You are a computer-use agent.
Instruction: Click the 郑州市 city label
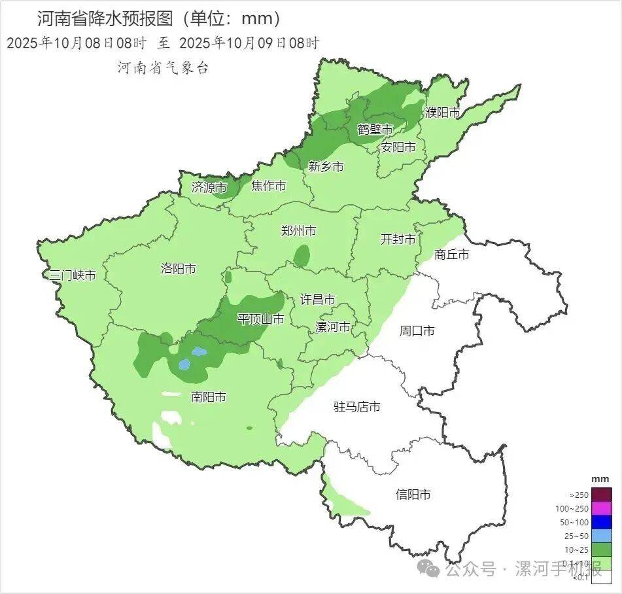(298, 231)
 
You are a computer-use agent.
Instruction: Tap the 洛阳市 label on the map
(178, 269)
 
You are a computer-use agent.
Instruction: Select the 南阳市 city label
(209, 397)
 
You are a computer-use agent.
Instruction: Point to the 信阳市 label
(413, 495)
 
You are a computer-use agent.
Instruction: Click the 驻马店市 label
(356, 407)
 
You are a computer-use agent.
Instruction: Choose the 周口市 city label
(417, 331)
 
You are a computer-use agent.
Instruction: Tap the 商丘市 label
(451, 254)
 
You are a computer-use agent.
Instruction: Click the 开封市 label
(398, 239)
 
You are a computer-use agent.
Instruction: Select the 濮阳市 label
(443, 113)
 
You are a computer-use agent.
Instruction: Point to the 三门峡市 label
(73, 275)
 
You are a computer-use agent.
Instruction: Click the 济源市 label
(209, 187)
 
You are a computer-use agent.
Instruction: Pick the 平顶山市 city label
(260, 319)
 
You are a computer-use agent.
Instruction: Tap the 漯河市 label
(332, 327)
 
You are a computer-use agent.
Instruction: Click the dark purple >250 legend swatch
(602, 495)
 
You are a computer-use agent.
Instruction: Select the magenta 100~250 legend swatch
(602, 508)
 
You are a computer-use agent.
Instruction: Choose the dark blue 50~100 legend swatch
(602, 522)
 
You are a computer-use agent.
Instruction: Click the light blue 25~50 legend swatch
(602, 536)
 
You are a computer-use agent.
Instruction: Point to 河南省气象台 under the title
(162, 68)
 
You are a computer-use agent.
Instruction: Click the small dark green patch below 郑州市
(302, 256)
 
